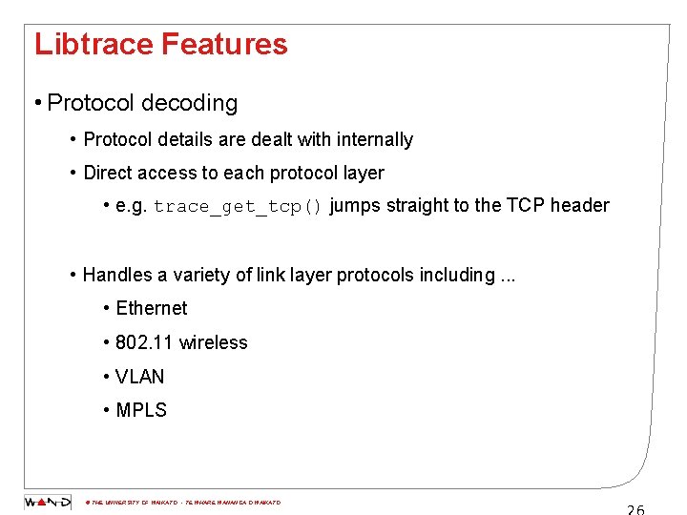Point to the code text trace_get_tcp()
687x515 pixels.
click(239, 206)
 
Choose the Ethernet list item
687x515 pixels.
click(151, 308)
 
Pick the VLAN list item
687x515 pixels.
click(139, 377)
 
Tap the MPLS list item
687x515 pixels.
click(140, 411)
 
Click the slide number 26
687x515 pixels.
click(635, 508)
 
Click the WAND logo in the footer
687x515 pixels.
click(47, 502)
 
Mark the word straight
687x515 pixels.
click(416, 205)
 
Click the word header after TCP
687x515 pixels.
click(581, 205)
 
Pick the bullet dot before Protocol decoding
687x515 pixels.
click(35, 104)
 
